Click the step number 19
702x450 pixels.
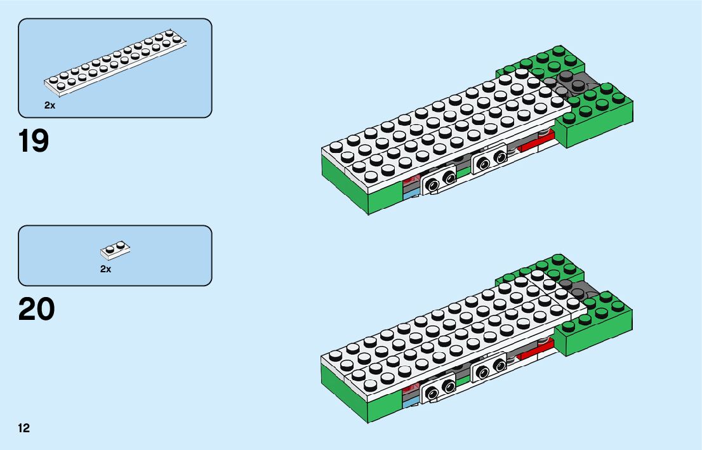coord(34,142)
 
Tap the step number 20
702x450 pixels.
coord(36,309)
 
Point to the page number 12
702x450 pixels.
coord(24,428)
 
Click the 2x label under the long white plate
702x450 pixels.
coord(50,105)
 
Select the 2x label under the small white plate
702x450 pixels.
coord(105,269)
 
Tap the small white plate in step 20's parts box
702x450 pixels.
coord(116,251)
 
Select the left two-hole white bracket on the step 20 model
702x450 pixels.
coord(440,389)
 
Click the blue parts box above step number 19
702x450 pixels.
coord(115,68)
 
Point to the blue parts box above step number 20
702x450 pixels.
coord(115,255)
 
